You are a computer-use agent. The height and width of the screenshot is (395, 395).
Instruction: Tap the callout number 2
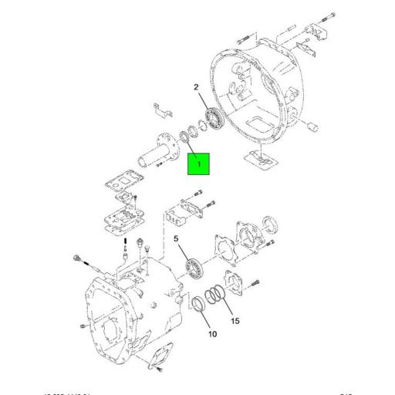(x=197, y=88)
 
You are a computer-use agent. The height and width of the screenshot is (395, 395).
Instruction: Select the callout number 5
(x=177, y=241)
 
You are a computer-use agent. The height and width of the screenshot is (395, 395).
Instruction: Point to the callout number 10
(x=212, y=334)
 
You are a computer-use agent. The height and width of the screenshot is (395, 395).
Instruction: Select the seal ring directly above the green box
(x=187, y=137)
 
